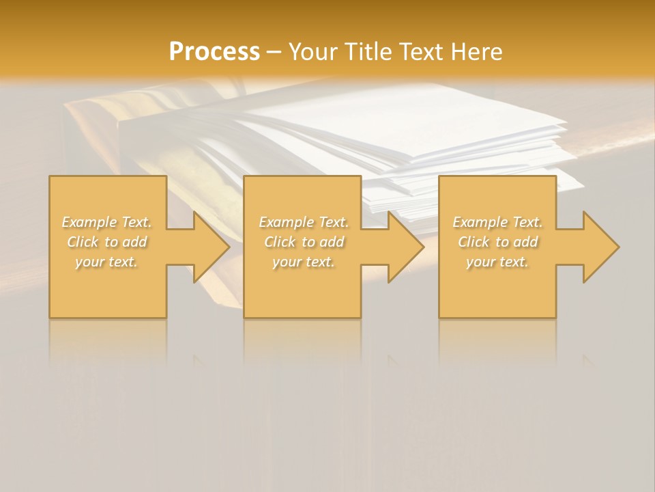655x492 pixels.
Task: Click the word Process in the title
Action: (x=214, y=52)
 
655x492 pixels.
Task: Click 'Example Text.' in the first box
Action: (x=107, y=222)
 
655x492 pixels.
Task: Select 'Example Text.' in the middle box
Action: (x=304, y=222)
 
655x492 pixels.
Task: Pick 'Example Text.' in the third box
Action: (x=497, y=222)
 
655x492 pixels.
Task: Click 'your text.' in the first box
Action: (x=107, y=262)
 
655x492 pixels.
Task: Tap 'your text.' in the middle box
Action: (x=304, y=262)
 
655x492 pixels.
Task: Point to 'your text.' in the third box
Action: (x=497, y=262)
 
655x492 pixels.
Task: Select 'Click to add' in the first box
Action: (x=107, y=242)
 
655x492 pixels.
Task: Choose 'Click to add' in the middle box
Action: (x=304, y=242)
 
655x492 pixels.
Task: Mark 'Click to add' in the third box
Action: (x=497, y=242)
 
